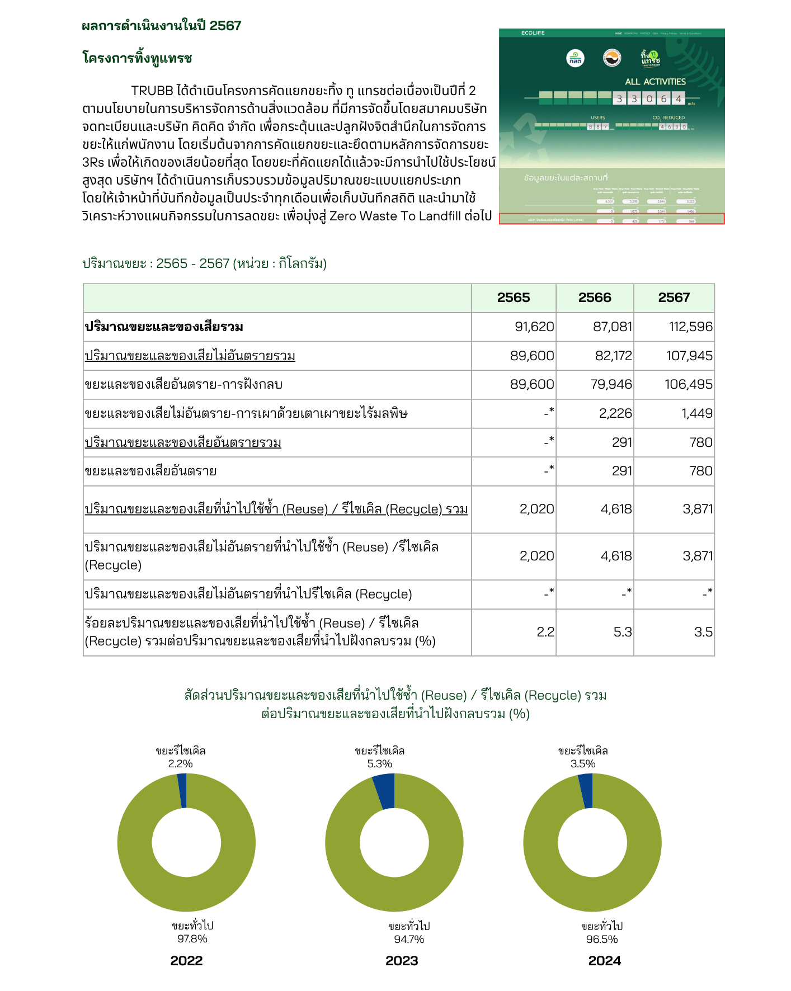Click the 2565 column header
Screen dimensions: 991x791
point(513,298)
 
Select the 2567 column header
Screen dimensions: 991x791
point(674,298)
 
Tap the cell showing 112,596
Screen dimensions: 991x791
point(691,327)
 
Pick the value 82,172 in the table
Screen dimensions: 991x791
point(613,356)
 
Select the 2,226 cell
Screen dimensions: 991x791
point(615,414)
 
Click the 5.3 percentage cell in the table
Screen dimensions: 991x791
point(622,633)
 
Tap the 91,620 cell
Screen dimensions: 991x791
point(534,327)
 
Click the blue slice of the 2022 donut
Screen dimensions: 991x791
point(182,791)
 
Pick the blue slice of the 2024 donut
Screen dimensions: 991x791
point(586,791)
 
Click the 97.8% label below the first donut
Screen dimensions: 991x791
point(192,939)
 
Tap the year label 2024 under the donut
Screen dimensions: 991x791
point(604,961)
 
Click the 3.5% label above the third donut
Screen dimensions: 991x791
point(582,764)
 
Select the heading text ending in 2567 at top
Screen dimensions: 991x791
point(161,26)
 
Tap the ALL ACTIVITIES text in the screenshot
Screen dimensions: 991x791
point(655,82)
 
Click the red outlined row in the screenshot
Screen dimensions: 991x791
point(611,219)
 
